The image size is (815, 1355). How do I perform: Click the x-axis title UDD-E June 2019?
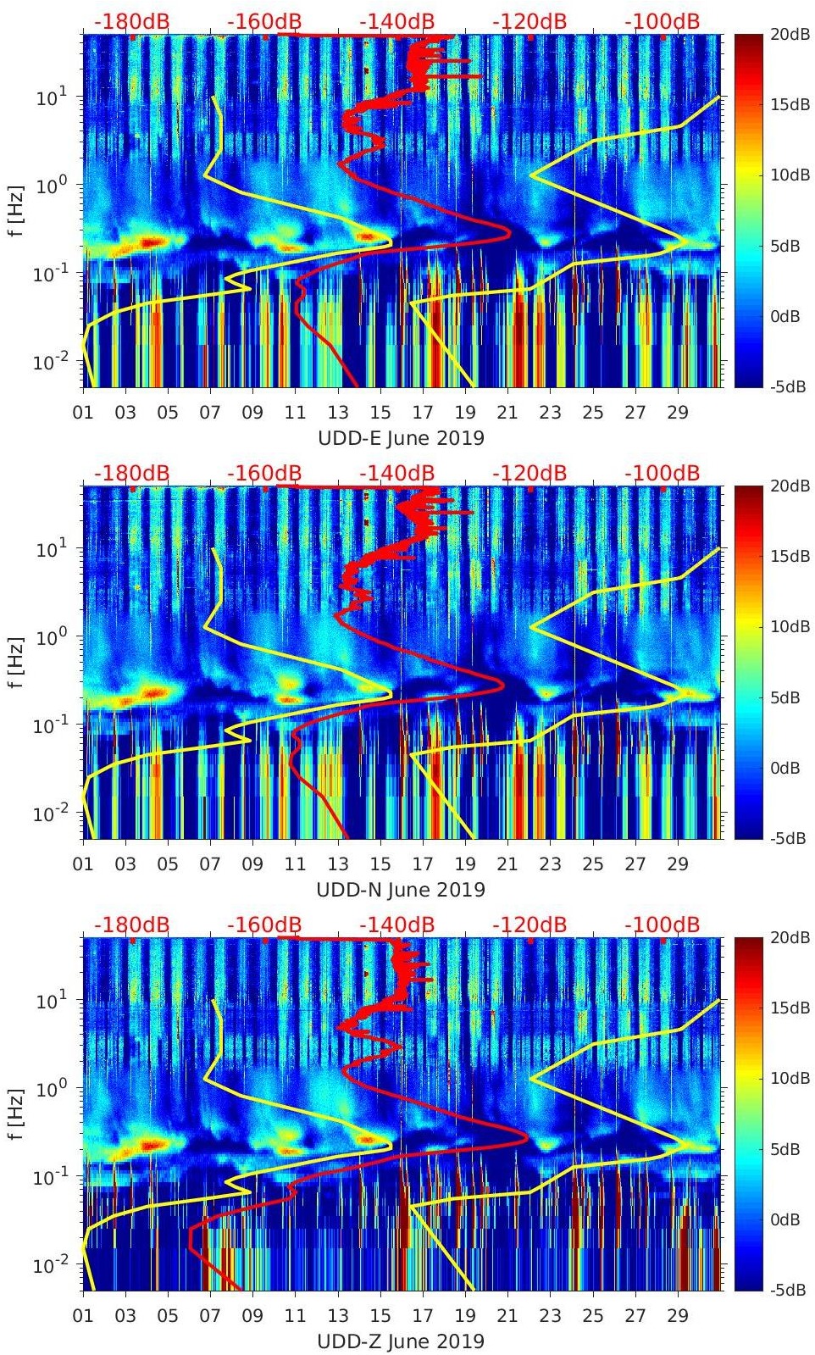(x=401, y=438)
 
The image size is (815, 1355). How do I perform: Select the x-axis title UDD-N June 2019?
(x=401, y=890)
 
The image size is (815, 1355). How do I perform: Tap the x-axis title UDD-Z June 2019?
(x=401, y=1341)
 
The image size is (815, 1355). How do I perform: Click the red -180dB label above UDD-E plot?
(x=131, y=21)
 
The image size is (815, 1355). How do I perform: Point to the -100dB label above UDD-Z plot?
(x=662, y=925)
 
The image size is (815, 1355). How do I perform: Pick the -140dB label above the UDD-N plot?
(x=396, y=473)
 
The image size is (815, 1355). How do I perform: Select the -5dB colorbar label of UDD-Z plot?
(x=767, y=1290)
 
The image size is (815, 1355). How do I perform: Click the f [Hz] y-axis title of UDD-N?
(x=16, y=662)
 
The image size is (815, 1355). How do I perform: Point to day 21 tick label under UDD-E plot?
(x=507, y=413)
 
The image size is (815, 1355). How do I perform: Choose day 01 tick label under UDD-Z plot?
(x=83, y=1316)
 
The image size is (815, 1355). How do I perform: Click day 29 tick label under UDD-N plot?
(x=677, y=864)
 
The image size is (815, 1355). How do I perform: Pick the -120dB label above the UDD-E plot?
(x=529, y=21)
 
